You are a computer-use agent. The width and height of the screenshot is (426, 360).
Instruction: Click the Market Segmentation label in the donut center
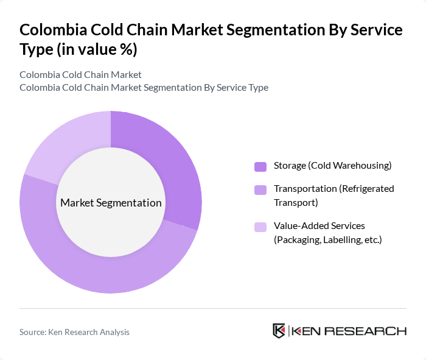pyautogui.click(x=111, y=203)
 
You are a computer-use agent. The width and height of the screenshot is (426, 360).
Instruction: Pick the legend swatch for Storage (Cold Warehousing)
pyautogui.click(x=260, y=166)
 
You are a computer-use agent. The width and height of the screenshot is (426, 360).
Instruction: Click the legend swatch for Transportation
pyautogui.click(x=260, y=189)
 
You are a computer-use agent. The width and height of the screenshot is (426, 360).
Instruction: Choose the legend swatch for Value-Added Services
pyautogui.click(x=260, y=227)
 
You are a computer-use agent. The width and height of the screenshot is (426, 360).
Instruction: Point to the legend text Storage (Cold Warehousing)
pyautogui.click(x=332, y=166)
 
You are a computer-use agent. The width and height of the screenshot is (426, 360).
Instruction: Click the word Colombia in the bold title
pyautogui.click(x=51, y=30)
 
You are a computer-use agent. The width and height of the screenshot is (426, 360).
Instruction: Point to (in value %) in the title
pyautogui.click(x=96, y=49)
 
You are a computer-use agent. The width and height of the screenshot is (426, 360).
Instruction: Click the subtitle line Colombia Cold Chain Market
pyautogui.click(x=80, y=75)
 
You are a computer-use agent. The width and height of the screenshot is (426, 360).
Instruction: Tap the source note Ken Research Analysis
pyautogui.click(x=74, y=332)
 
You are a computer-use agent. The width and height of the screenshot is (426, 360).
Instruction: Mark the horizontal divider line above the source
pyautogui.click(x=213, y=308)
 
